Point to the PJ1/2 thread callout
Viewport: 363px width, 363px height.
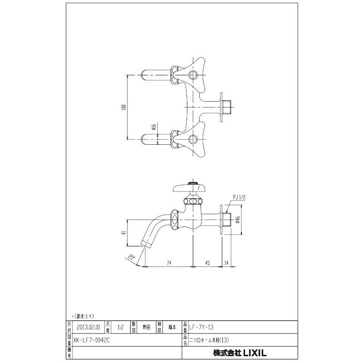point(239,197)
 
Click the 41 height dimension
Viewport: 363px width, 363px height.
point(123,233)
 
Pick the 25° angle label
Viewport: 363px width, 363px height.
point(132,257)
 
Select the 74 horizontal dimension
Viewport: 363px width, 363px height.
point(168,262)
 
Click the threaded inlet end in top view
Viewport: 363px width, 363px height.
point(229,105)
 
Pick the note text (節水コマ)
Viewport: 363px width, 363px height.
point(83,314)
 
